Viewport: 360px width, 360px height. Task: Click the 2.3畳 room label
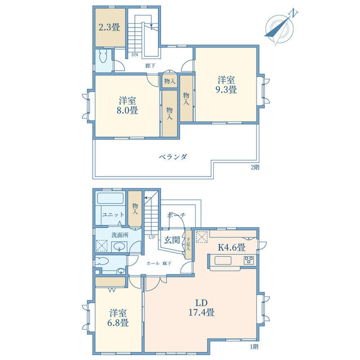click(x=109, y=28)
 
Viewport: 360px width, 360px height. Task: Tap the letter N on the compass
click(x=293, y=13)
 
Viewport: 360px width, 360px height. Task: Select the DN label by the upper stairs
click(x=135, y=55)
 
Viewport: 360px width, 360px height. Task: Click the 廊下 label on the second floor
click(x=150, y=66)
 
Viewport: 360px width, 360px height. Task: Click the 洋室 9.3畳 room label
click(x=226, y=85)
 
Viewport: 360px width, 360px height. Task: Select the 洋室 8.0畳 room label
click(x=127, y=106)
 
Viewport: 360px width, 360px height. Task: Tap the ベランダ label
click(x=173, y=157)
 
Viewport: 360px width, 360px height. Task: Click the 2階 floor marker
click(x=255, y=168)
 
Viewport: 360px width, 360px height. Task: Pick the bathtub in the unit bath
click(x=110, y=198)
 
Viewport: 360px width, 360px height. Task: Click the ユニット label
click(x=113, y=215)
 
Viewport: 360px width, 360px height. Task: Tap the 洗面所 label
click(x=120, y=235)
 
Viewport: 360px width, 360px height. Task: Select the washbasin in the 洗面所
click(x=119, y=247)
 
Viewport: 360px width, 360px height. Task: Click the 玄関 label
click(x=172, y=240)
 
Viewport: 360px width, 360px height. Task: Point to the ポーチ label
click(x=176, y=215)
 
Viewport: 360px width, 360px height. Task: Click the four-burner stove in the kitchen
click(x=249, y=260)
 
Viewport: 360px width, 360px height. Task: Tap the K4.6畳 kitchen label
click(x=231, y=247)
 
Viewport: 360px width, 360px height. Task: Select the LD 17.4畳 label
click(x=201, y=308)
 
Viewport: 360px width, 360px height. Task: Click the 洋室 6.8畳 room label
click(x=118, y=318)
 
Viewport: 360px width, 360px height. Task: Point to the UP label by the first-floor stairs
click(x=152, y=237)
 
